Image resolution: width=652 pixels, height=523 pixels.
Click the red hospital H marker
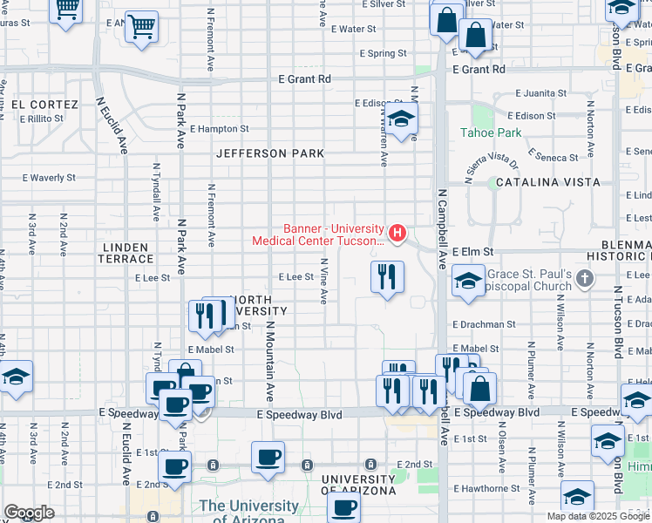pos(397,233)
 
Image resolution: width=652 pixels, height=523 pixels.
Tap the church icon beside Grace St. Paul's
pos(585,279)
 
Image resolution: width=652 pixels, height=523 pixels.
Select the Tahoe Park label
pos(491,133)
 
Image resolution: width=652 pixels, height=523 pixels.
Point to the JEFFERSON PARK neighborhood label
pos(270,153)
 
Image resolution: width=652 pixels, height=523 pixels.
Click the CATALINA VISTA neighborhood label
pos(548,182)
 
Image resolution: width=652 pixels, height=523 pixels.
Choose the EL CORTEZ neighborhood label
pos(45,105)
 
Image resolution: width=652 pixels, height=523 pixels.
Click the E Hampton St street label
pos(218,129)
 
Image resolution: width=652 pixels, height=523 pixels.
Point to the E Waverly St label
pos(49,177)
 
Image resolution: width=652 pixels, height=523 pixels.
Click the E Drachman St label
pos(484,323)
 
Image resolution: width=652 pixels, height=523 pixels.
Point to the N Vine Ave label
pos(323,280)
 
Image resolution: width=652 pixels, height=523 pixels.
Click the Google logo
pos(29,513)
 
